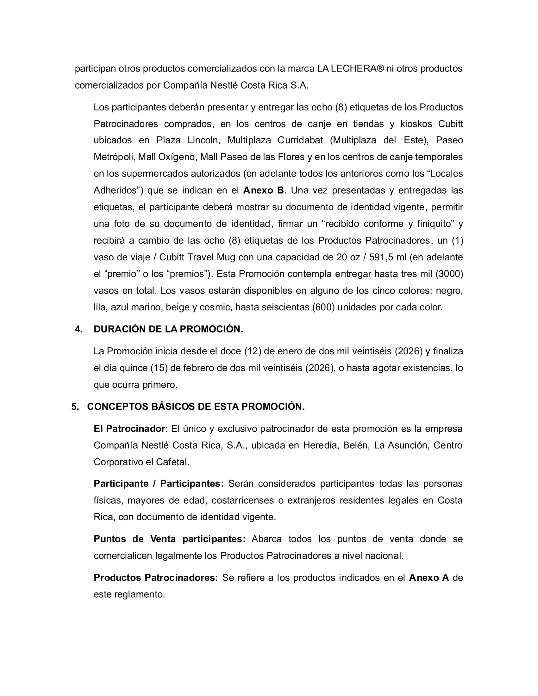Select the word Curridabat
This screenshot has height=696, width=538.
coord(300,140)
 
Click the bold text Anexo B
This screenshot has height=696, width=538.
coord(263,190)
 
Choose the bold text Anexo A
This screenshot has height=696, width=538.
coord(429,577)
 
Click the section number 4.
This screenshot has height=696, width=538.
coord(78,329)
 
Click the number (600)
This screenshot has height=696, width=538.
coord(323,307)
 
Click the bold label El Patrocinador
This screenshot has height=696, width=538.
coord(129,429)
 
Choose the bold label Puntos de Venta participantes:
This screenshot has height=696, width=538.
coord(170,539)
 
